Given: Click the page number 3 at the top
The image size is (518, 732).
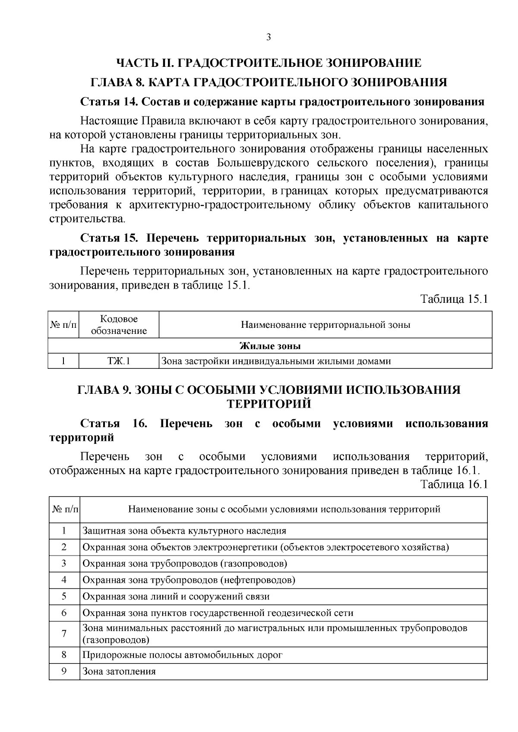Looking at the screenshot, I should coord(268,38).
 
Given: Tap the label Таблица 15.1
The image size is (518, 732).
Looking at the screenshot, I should coord(454,299).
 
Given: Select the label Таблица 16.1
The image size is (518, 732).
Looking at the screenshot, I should coord(454,484).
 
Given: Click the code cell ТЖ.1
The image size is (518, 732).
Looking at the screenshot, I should coord(119,361).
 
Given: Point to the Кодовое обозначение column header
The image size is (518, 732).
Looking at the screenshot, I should coord(119,325).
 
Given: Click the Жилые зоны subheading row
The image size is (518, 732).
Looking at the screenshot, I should coord(270,346).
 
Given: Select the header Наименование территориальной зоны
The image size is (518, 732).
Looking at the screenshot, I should coord(325,325).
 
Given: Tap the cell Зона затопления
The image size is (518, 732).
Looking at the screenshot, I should coord(119,672).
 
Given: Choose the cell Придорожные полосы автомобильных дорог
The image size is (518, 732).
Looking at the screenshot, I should coord(182,655).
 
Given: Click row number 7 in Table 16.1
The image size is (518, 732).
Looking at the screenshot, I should coord(64,634).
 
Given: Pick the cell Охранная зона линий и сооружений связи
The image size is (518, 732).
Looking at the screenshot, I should coord(176,597).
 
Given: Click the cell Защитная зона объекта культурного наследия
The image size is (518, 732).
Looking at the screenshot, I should coord(184,531).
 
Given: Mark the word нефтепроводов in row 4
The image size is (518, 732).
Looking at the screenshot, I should coord(258,580).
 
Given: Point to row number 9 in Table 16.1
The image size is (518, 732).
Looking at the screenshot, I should coord(64,672).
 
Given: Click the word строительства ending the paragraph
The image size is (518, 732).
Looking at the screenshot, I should coord(87,219).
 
